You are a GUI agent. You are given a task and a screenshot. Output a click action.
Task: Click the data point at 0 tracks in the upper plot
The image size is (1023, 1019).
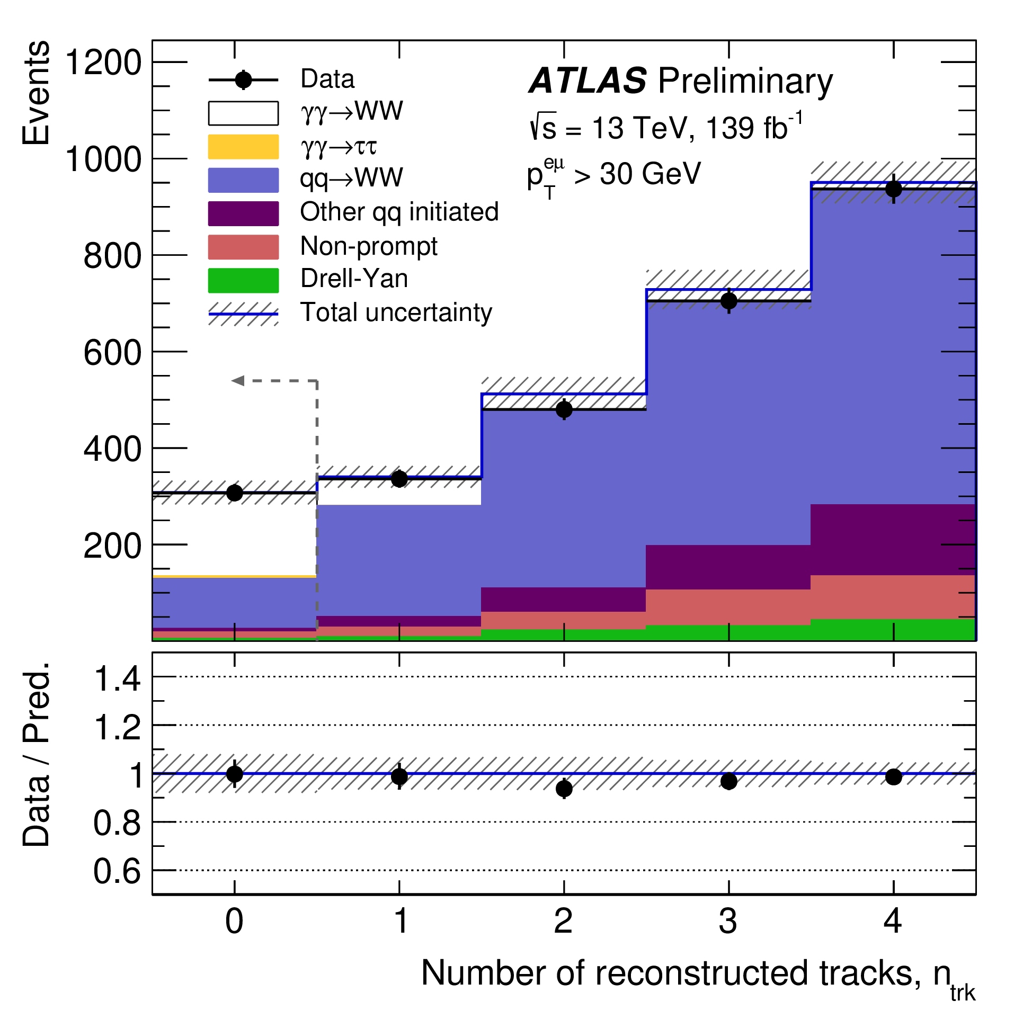click(x=234, y=493)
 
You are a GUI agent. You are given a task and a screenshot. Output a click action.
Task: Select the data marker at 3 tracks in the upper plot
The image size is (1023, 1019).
click(x=728, y=301)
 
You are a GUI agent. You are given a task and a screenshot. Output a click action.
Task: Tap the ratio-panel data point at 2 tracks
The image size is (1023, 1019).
click(x=564, y=789)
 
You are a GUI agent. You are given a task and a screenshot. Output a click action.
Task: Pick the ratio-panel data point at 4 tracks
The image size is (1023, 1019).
click(x=893, y=777)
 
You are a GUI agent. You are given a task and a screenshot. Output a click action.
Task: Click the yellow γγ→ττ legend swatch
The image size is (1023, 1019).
click(x=243, y=147)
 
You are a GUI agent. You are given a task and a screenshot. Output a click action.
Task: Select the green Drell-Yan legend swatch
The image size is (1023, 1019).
click(x=243, y=280)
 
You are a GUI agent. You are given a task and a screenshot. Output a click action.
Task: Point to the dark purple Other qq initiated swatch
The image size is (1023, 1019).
click(x=243, y=213)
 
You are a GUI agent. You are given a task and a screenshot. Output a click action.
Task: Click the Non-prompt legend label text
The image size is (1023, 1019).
click(x=368, y=246)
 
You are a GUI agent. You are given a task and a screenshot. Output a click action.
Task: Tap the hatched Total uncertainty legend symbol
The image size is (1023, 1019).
click(x=243, y=314)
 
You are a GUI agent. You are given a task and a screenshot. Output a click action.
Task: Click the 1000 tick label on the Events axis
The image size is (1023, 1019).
click(x=103, y=159)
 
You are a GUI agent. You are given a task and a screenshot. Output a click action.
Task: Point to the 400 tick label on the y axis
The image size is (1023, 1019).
click(x=112, y=449)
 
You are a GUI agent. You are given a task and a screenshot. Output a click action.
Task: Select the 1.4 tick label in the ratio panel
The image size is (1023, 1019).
click(x=117, y=679)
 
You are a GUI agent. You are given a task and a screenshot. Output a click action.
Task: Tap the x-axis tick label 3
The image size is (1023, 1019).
click(x=728, y=922)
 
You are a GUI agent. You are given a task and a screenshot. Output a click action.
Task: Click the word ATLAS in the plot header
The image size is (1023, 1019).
click(x=588, y=81)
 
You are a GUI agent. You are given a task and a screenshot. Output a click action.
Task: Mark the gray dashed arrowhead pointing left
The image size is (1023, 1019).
click(x=238, y=380)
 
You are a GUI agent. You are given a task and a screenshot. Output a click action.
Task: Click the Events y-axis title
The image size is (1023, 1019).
click(x=35, y=93)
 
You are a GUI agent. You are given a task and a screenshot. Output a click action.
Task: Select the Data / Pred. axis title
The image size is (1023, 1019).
click(x=35, y=754)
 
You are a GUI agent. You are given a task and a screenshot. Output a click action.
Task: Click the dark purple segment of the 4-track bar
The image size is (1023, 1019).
click(x=893, y=539)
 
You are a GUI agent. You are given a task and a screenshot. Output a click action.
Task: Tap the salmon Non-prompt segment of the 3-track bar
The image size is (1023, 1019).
click(x=728, y=607)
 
